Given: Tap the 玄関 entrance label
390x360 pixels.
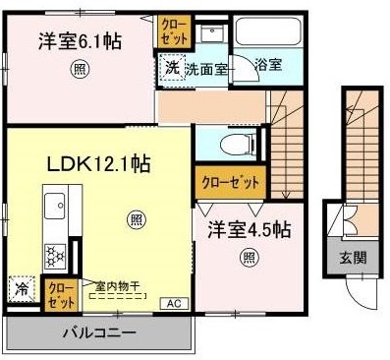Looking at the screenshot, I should pos(354,258).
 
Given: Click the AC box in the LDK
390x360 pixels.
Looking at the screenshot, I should pos(174,303).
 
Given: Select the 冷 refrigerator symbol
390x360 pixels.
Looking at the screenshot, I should pos(21,290).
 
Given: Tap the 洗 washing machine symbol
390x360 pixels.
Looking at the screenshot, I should pos(172,69).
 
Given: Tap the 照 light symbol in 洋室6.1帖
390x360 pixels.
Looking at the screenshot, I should pos(78,70).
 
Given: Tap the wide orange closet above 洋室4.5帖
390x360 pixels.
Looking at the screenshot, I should pos(231,183).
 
